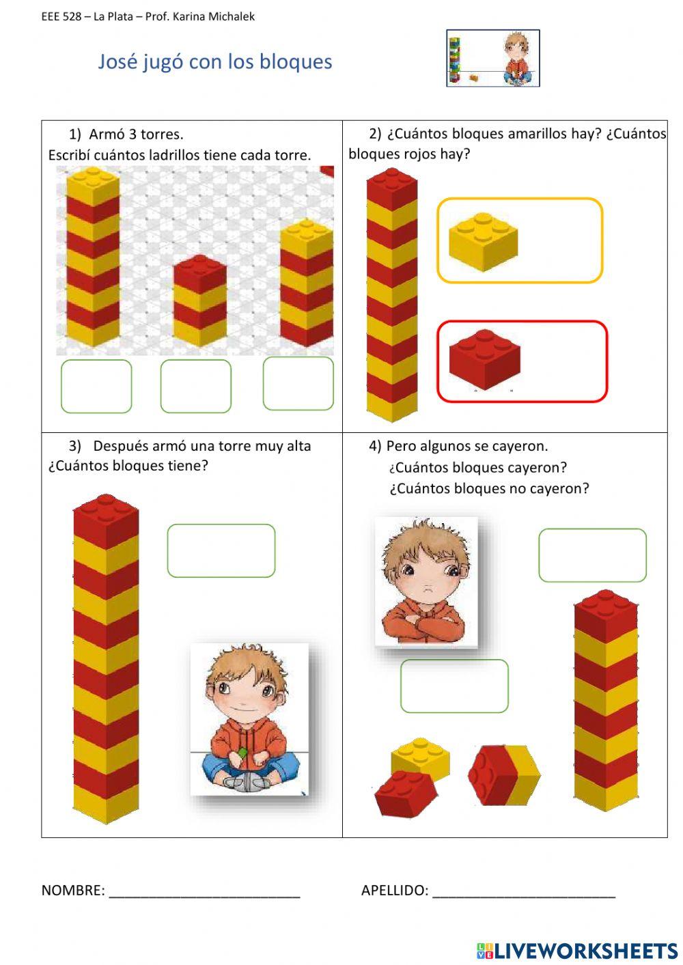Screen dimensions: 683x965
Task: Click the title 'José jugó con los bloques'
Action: pos(214,62)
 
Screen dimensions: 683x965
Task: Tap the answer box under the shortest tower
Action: pos(195,386)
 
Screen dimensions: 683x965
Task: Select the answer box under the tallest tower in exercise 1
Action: pos(96,386)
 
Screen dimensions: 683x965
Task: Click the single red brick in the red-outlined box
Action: pos(484,360)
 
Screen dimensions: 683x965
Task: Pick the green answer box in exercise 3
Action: pos(221,550)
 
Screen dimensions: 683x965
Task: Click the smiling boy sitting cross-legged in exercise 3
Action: pos(249,718)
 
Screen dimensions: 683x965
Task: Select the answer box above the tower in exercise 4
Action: pos(593,555)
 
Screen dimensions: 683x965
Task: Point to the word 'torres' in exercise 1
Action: pos(162,135)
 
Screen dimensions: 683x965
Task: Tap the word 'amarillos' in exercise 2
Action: pos(538,134)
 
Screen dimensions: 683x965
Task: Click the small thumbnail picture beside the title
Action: pos(493,58)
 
